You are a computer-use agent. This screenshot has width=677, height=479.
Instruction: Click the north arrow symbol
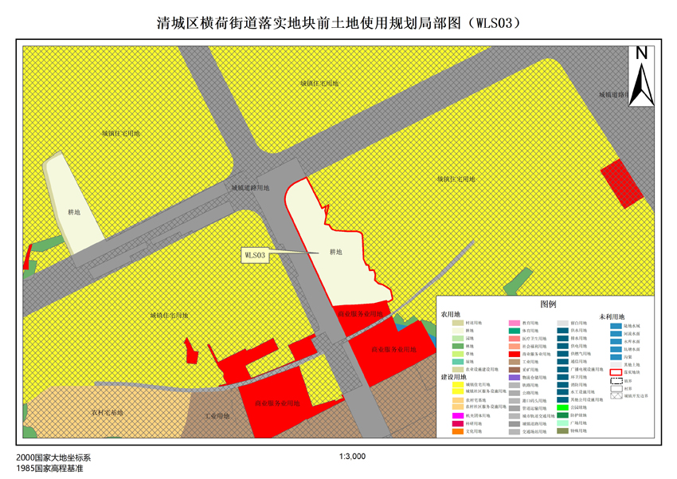tap(640, 77)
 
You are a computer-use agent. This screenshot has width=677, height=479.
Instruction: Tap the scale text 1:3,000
tap(352, 457)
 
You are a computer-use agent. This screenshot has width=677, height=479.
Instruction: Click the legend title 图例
tap(547, 304)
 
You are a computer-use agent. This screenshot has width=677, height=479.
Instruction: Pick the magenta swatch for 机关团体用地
tap(457, 415)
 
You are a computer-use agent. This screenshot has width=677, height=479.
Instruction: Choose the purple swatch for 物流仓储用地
tap(515, 377)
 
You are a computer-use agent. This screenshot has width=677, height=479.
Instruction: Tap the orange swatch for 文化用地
tap(457, 431)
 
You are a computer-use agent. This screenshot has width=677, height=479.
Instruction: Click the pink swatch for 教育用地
tap(515, 324)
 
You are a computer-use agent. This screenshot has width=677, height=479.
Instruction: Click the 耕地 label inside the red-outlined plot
tap(335, 252)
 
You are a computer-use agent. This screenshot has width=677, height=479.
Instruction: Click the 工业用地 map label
tap(217, 416)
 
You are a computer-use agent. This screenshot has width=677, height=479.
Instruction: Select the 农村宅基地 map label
tap(108, 412)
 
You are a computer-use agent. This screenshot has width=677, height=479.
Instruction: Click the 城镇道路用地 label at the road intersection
tap(251, 188)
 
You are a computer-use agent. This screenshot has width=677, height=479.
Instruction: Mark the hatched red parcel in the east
tap(621, 183)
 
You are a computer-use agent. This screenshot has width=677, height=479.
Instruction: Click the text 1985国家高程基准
tap(49, 469)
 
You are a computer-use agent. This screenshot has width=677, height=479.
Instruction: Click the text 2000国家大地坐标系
tap(53, 458)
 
